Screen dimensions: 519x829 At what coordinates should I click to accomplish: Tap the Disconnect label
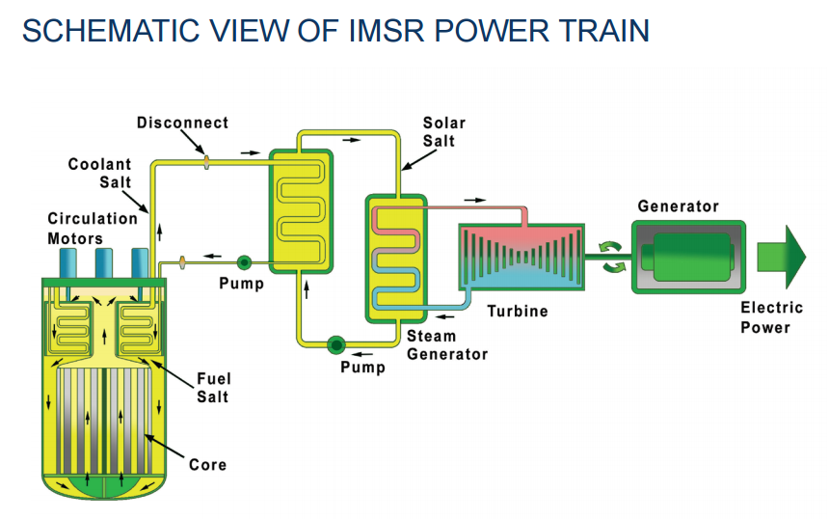182,123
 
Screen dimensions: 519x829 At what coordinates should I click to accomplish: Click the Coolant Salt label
99,174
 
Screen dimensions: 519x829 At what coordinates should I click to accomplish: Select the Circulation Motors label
93,228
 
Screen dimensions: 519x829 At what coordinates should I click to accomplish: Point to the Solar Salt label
443,132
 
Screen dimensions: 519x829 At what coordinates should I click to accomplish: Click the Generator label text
678,206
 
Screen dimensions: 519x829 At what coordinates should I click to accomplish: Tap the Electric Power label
771,317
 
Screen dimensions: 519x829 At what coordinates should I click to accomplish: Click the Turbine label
517,311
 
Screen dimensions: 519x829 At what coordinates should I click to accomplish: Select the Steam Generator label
446,344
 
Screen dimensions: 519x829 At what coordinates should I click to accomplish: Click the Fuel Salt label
214,388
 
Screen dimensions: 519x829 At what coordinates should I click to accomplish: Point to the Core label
207,464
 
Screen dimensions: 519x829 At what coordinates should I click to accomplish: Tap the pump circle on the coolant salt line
243,261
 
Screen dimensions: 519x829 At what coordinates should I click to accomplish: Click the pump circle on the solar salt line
336,344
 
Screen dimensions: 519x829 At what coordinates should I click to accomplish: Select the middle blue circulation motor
105,262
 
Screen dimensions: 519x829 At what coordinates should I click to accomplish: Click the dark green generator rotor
686,257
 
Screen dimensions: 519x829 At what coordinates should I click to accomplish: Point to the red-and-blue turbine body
521,259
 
